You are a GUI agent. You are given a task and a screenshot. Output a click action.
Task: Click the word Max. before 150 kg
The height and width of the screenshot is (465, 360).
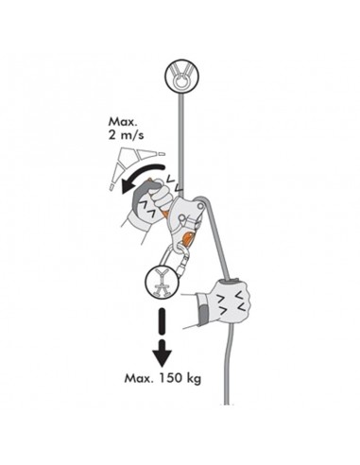pos(143,381)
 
